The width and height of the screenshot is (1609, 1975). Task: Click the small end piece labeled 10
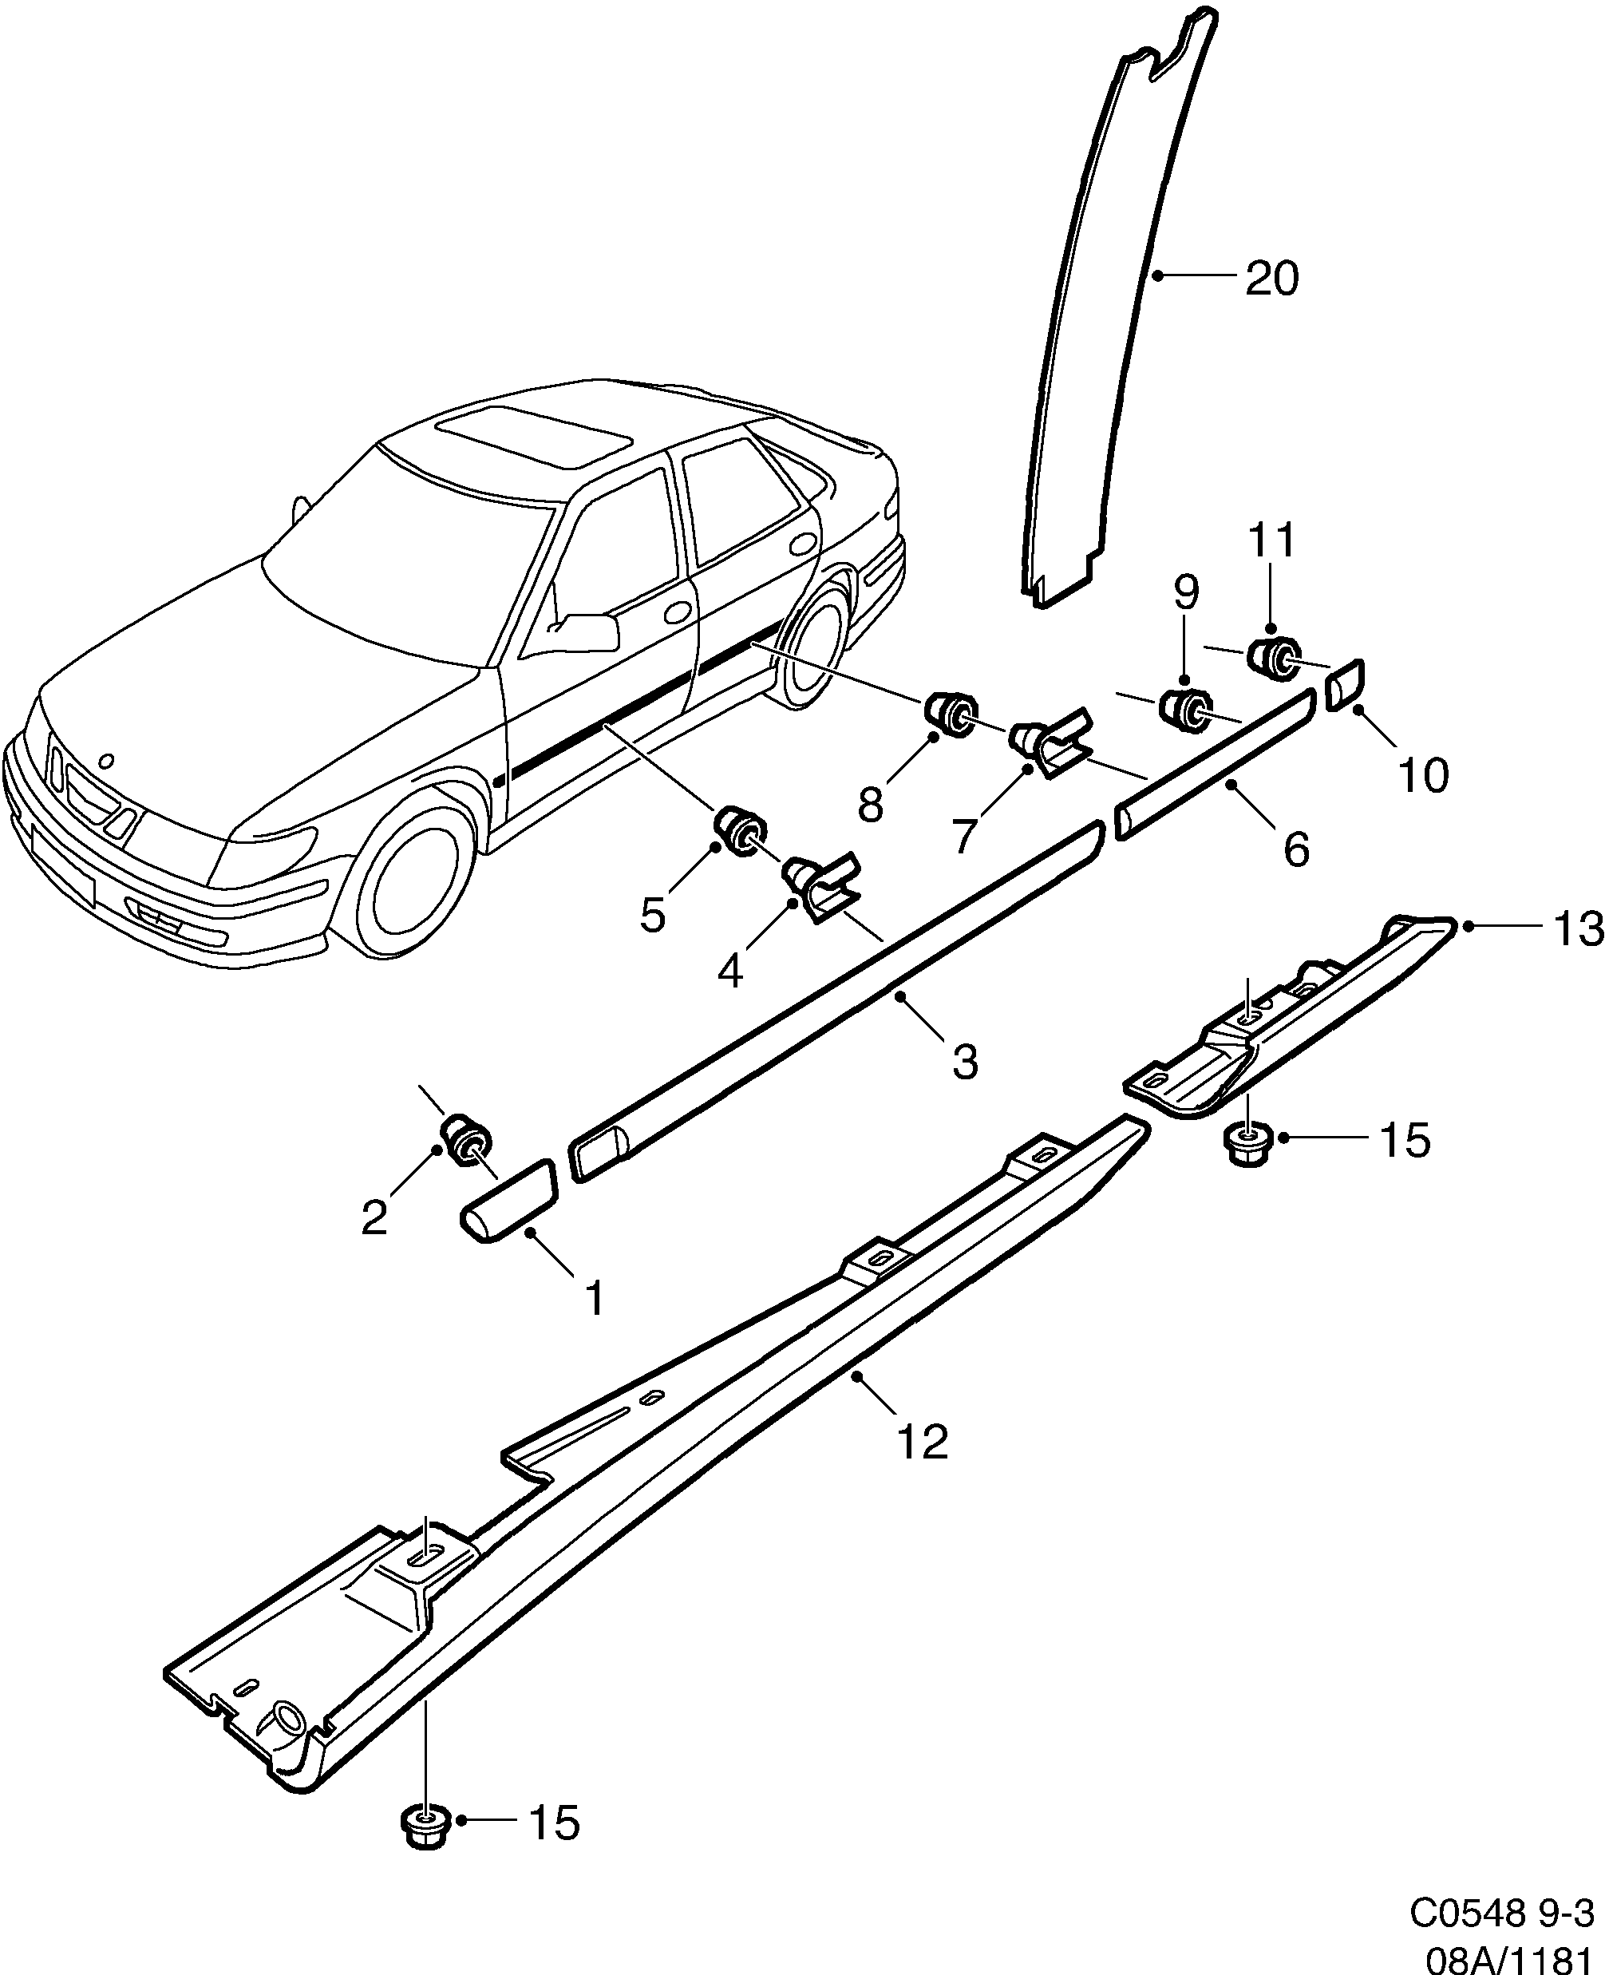(x=1345, y=686)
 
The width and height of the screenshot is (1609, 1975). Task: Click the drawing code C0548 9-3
(x=1501, y=1910)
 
